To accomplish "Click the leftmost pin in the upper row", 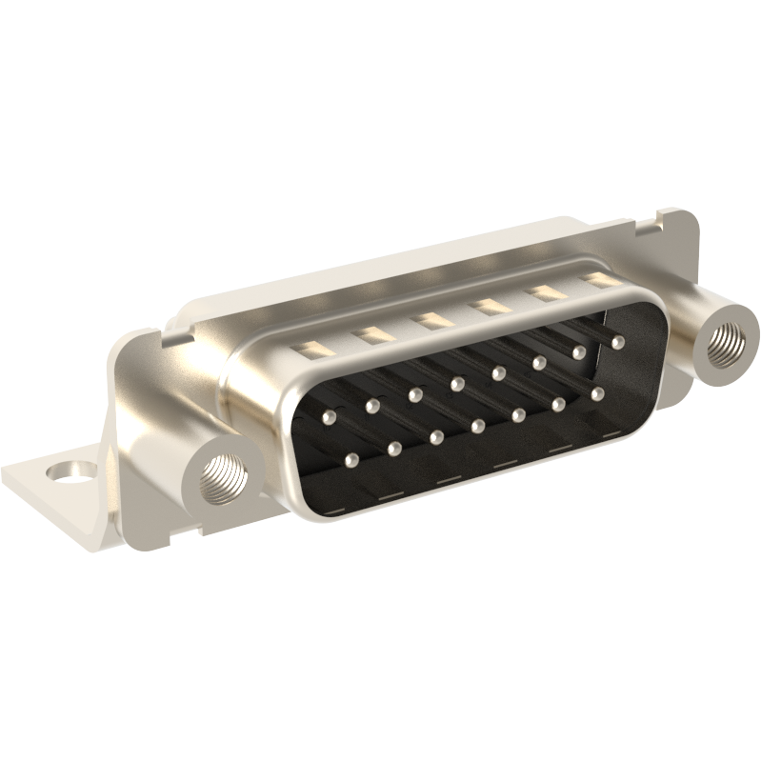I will pyautogui.click(x=330, y=417).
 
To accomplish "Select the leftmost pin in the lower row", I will pyautogui.click(x=353, y=462).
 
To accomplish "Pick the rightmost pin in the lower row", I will pyautogui.click(x=597, y=392).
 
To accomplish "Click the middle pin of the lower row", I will pyautogui.click(x=478, y=425).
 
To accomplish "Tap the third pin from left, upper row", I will pyautogui.click(x=415, y=393).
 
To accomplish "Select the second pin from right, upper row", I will pyautogui.click(x=578, y=351).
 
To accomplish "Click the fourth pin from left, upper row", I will pyautogui.click(x=457, y=383).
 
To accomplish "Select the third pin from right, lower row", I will pyautogui.click(x=520, y=414).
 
